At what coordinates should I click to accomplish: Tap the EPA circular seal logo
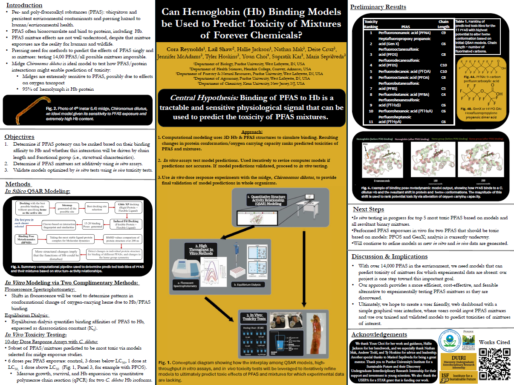click(x=450, y=340)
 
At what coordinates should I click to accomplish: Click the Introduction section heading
click(x=23, y=5)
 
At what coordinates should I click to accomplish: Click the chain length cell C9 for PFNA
click(x=443, y=33)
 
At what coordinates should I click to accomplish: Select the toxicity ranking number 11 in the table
click(x=371, y=121)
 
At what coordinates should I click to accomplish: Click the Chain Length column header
click(x=443, y=24)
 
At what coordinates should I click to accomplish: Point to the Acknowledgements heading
click(x=379, y=334)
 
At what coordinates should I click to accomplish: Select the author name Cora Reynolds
click(x=175, y=49)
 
